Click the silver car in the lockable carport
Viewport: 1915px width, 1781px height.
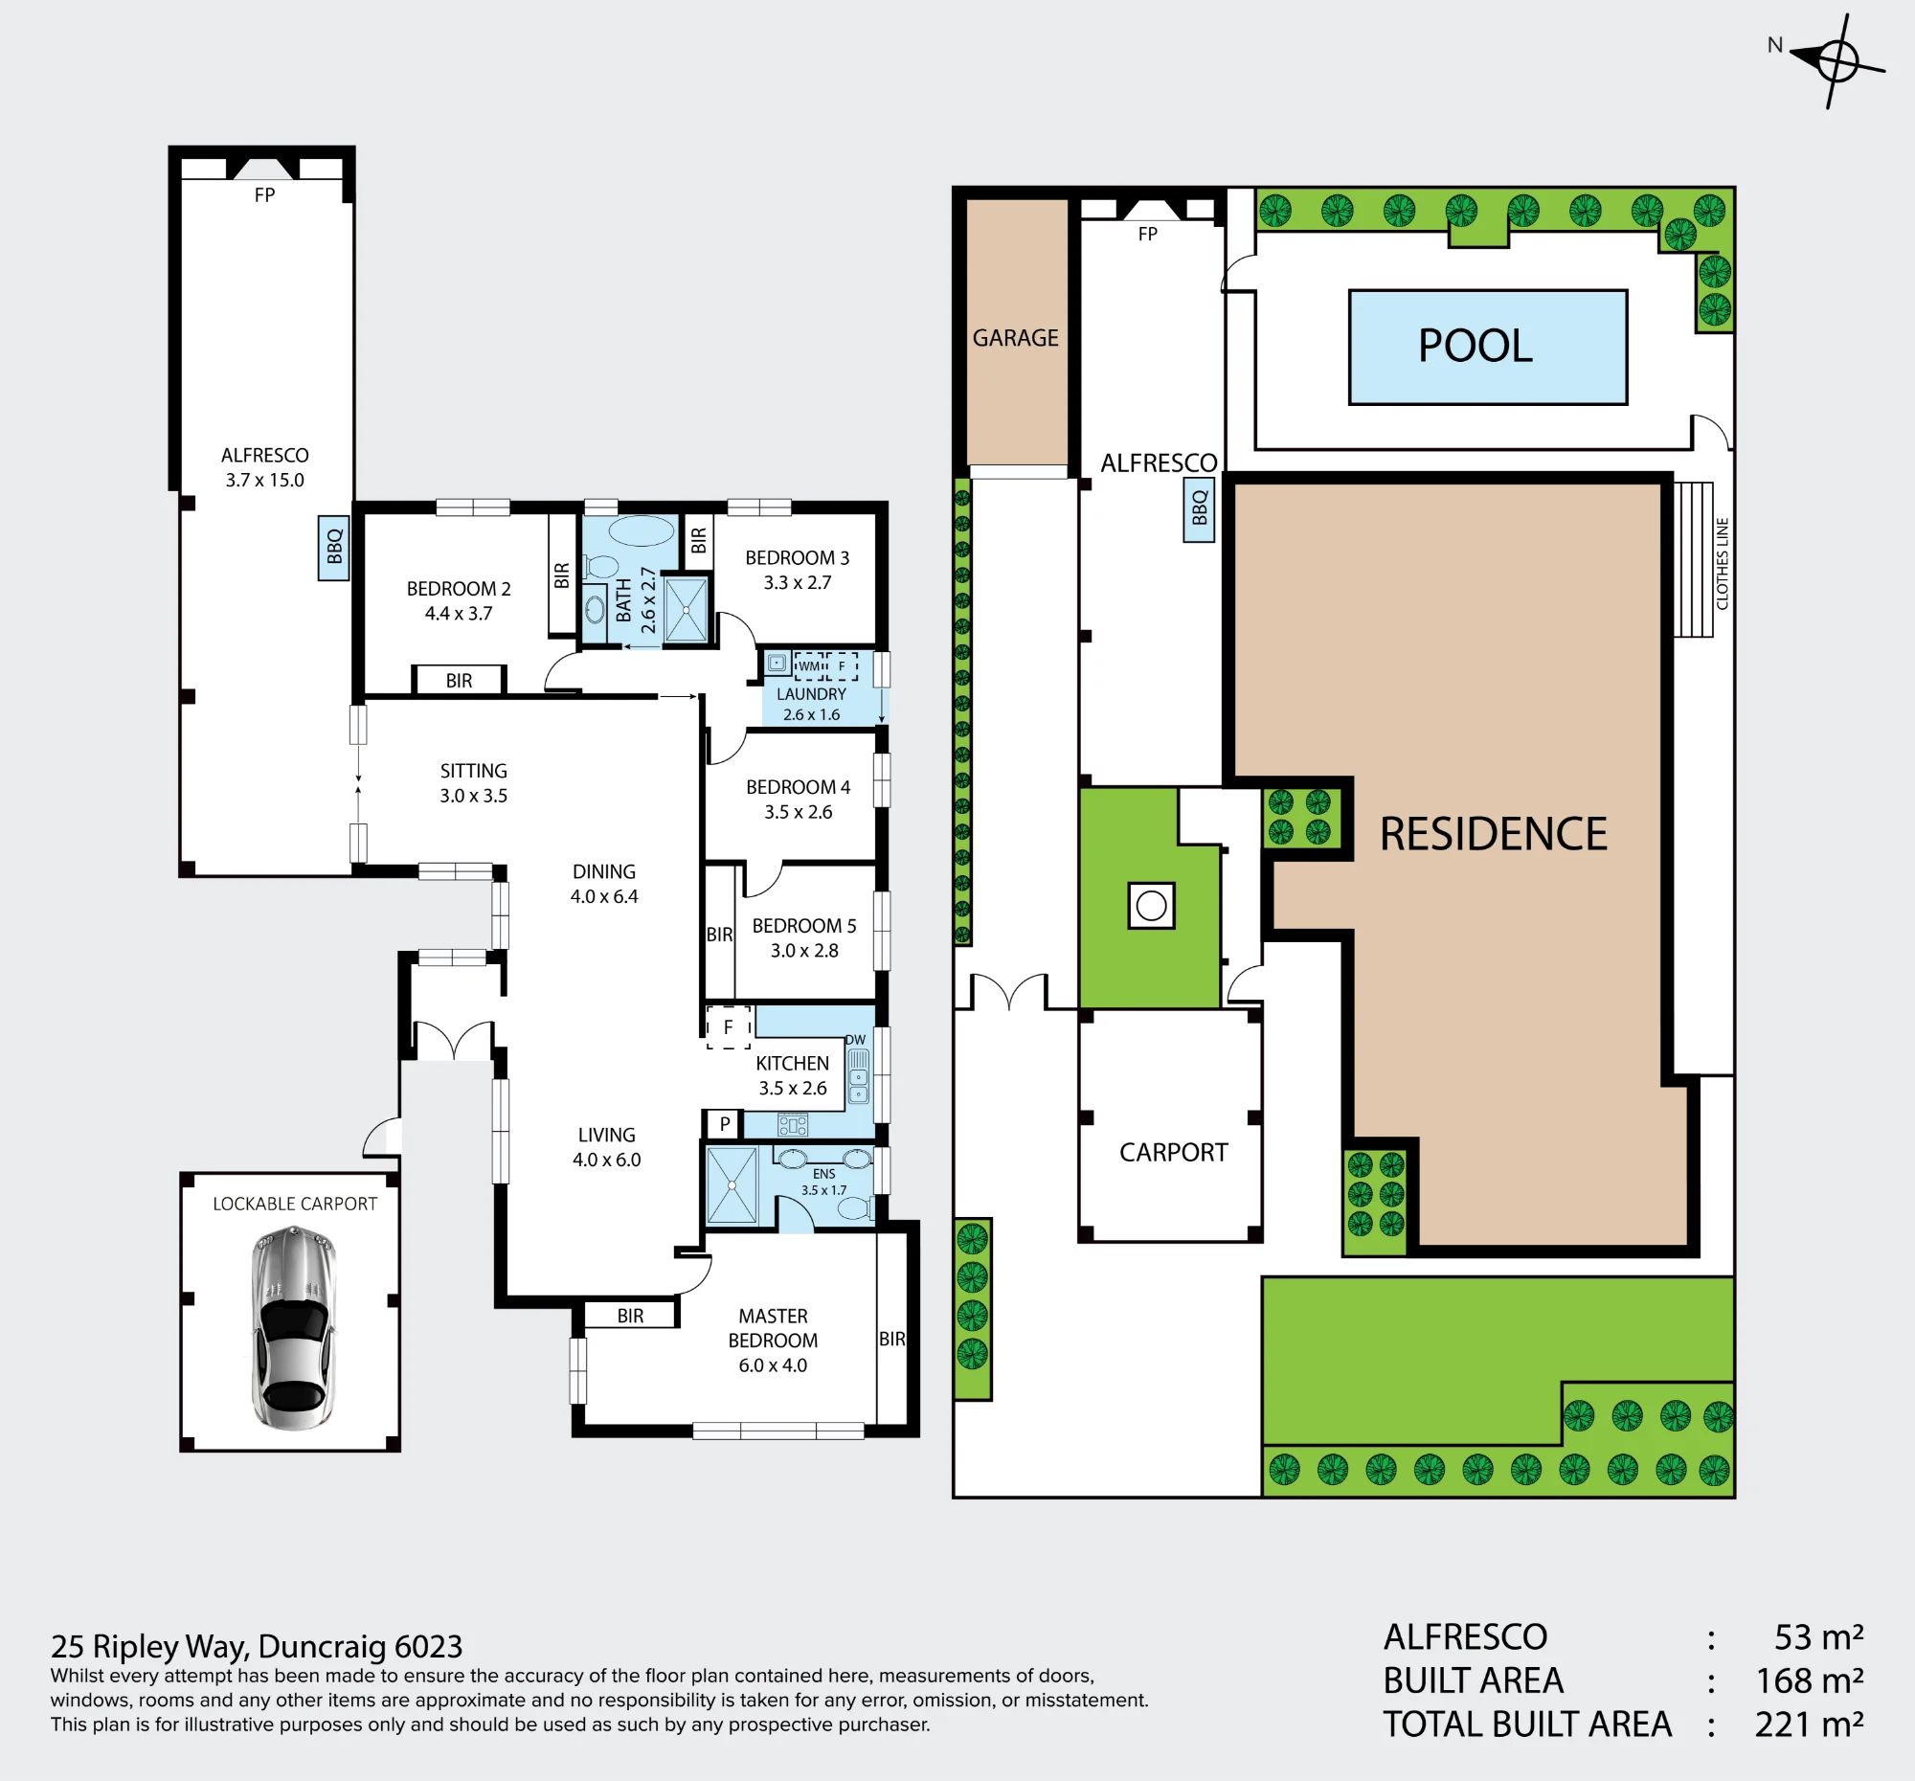click(293, 1327)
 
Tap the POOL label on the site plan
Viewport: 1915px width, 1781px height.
click(1475, 346)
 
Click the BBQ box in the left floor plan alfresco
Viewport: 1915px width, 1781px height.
click(333, 548)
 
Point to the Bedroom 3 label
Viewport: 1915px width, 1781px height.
click(798, 557)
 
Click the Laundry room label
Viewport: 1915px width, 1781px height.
click(811, 693)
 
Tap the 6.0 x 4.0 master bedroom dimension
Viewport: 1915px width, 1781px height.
click(773, 1364)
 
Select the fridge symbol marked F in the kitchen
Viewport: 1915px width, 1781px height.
click(729, 1026)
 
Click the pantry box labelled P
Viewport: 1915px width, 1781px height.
click(725, 1123)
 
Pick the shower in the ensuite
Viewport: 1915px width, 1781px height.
click(732, 1184)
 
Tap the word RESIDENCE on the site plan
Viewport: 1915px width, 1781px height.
click(1494, 834)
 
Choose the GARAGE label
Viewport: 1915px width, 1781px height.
click(1015, 338)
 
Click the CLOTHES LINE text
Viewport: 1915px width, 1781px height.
click(1723, 563)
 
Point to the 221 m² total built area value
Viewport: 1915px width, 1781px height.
click(1809, 1725)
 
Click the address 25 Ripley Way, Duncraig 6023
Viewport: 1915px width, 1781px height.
click(257, 1646)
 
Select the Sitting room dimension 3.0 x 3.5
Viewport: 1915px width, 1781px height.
click(473, 796)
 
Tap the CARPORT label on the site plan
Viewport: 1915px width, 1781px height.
click(1173, 1152)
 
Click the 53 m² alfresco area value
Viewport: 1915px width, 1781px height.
click(1818, 1637)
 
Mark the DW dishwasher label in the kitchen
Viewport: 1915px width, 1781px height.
click(855, 1039)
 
